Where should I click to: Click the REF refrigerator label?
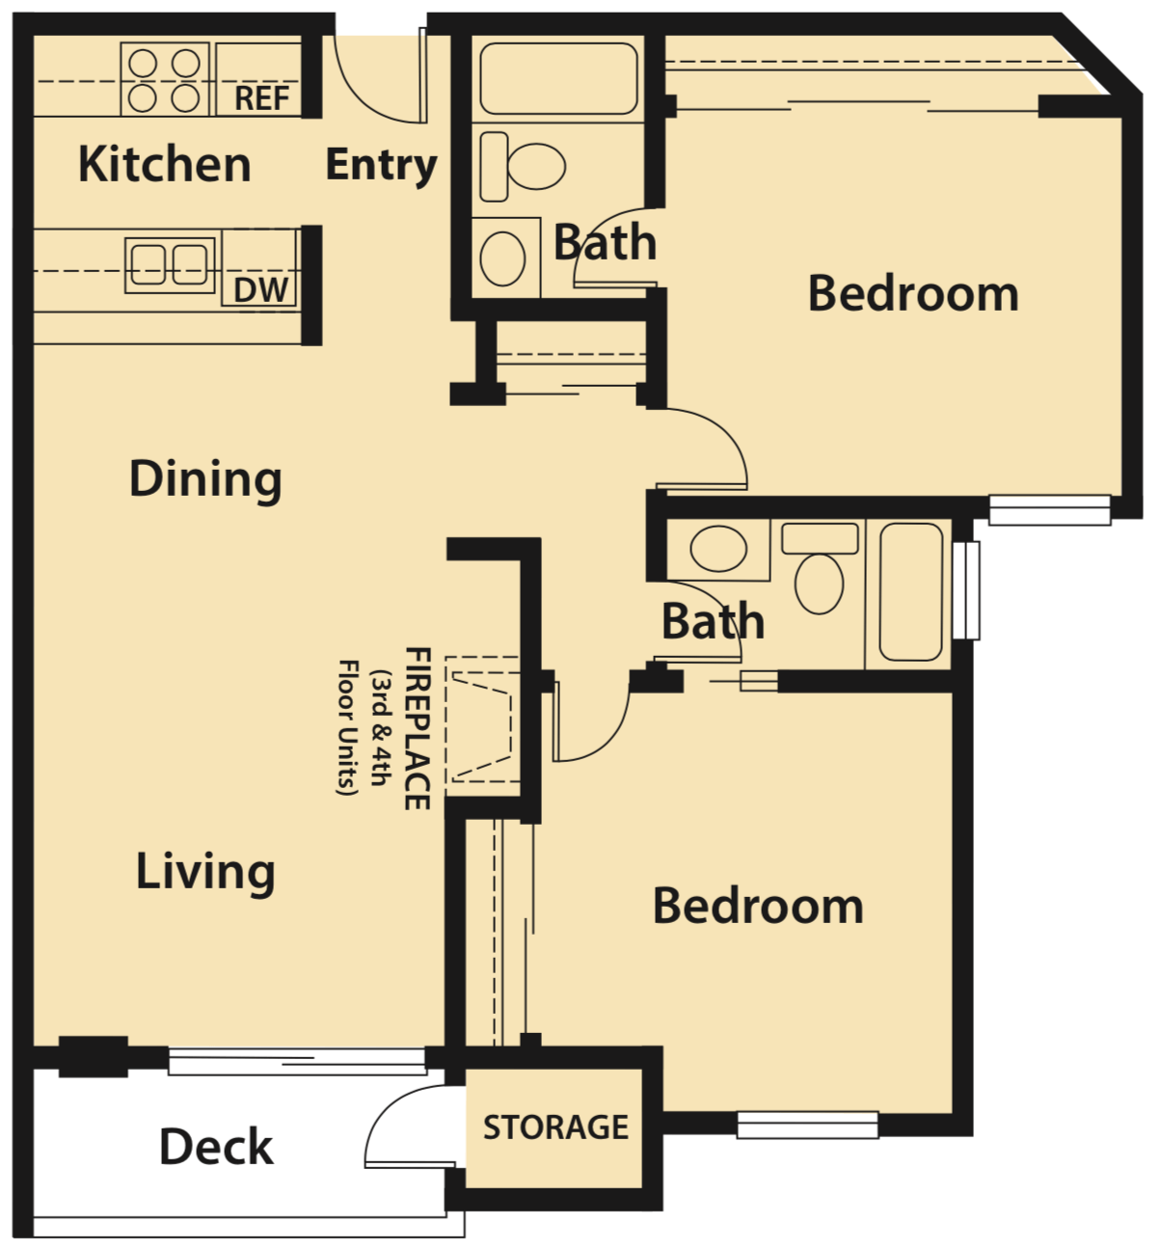tap(261, 97)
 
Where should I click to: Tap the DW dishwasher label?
tap(260, 289)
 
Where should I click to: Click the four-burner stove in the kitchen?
tap(164, 80)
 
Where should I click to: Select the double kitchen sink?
tap(169, 262)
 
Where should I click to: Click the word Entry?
tap(381, 165)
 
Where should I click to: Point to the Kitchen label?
tap(164, 164)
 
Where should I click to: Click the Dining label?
tap(205, 478)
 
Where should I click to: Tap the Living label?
tap(205, 872)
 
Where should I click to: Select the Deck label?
tap(216, 1147)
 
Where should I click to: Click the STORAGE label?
tap(555, 1128)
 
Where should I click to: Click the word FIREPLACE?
tap(417, 728)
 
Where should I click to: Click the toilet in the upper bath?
tap(526, 167)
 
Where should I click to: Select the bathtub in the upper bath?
tap(558, 79)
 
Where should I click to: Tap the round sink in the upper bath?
tap(502, 258)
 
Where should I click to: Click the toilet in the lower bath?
tap(820, 569)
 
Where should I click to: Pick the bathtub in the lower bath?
tap(910, 591)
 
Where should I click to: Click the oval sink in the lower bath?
tap(719, 549)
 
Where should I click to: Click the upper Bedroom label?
tap(913, 293)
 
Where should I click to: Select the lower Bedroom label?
tap(758, 906)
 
